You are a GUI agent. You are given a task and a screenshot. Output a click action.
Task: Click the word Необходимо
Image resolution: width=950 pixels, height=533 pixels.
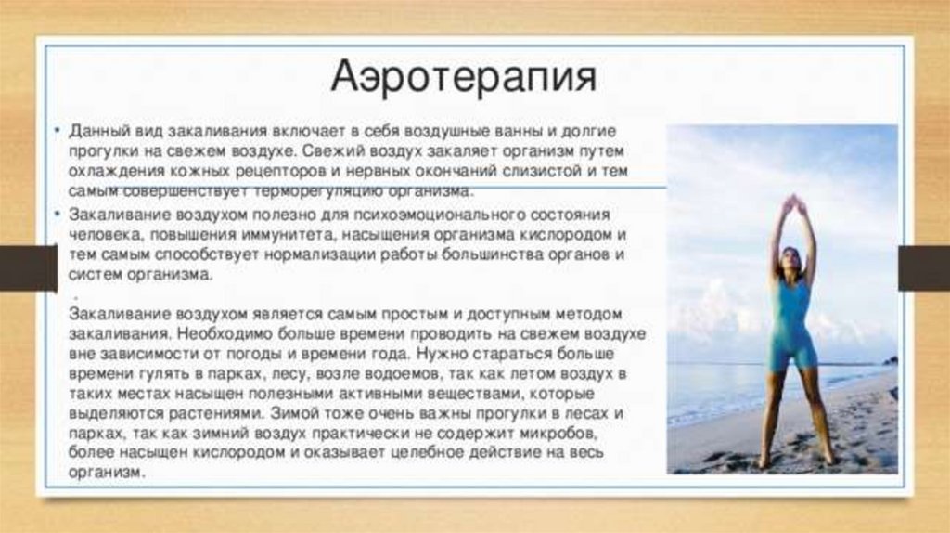coord(215,333)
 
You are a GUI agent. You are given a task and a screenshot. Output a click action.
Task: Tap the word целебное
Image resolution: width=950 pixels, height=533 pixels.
coord(455,453)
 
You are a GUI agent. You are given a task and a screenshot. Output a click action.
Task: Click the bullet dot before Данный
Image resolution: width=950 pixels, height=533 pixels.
coord(58,131)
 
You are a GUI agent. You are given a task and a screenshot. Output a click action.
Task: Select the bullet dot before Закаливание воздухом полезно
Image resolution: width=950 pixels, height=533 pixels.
coord(58,214)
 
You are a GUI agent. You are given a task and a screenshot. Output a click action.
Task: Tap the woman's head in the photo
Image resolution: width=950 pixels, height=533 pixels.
coord(791,260)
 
